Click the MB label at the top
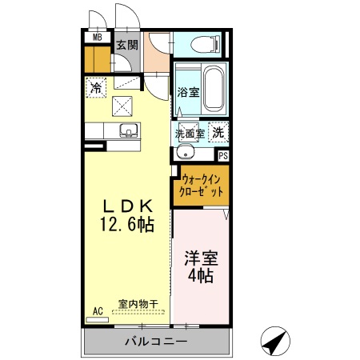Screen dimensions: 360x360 click(98, 37)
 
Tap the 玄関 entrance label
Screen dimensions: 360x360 click(126, 45)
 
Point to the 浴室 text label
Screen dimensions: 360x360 click(188, 92)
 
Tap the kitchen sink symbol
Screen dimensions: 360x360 click(126, 130)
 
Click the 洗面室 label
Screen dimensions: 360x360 click(190, 134)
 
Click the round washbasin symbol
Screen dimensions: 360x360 click(186, 153)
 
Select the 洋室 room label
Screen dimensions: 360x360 click(201, 259)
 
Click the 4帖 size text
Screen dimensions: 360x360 click(201, 277)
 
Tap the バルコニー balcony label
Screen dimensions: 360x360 click(156, 342)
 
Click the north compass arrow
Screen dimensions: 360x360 click(274, 342)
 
